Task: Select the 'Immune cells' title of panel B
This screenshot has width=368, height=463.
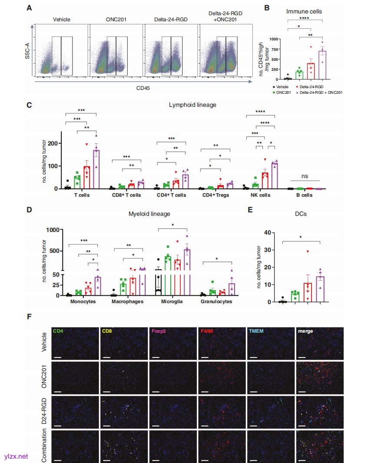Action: point(308,11)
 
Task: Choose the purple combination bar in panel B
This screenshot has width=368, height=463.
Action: point(322,65)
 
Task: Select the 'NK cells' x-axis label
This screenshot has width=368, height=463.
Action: point(261,195)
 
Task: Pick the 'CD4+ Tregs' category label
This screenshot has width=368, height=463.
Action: point(216,195)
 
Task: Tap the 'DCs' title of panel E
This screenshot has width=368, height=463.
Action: point(302,214)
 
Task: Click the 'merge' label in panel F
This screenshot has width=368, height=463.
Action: point(305,331)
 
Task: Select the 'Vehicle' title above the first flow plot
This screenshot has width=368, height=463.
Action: point(61,20)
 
